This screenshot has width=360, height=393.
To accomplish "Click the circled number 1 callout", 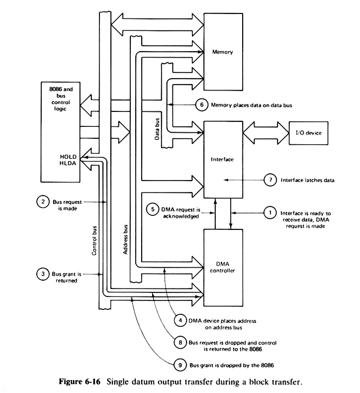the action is coord(270,213).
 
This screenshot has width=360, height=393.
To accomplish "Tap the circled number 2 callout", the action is coord(43,202).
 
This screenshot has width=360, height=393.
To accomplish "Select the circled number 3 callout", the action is coord(43,274).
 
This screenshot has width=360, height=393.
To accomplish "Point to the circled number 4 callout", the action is coord(180,320).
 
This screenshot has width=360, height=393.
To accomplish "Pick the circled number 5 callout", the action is coord(153,209).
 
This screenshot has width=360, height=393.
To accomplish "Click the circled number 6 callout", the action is coord(202,104).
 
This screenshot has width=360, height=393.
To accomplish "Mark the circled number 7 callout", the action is coord(270,180).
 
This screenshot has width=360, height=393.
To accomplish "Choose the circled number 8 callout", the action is coord(180,342).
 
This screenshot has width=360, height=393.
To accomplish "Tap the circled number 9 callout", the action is coord(180,365).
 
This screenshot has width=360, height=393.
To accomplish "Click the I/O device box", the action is coord(308,133).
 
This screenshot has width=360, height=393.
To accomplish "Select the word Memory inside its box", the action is coord(222,52).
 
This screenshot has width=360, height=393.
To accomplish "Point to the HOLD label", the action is coord(68,157).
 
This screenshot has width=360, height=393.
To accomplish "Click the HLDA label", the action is coord(68,163).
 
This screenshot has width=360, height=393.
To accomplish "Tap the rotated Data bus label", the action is coord(157,129).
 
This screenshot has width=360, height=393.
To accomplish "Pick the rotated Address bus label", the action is coord(125,240).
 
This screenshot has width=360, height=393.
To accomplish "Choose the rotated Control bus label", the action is coord(94,241).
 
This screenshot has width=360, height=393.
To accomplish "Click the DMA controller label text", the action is coord(222,267).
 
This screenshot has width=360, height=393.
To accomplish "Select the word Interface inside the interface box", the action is coord(222,159).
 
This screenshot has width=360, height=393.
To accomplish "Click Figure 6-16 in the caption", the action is coord(80,382).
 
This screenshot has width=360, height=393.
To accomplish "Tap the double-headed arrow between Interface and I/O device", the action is coord(266,133).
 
